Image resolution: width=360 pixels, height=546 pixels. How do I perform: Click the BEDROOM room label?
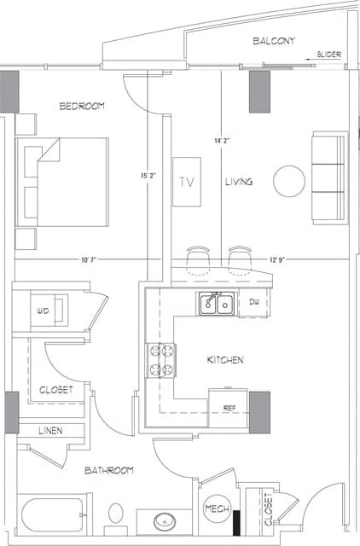pyautogui.click(x=82, y=106)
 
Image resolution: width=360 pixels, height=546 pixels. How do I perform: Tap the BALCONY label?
pyautogui.click(x=274, y=40)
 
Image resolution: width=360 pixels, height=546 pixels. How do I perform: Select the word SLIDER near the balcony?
pyautogui.click(x=328, y=55)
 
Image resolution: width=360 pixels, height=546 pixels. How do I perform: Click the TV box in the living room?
pyautogui.click(x=187, y=182)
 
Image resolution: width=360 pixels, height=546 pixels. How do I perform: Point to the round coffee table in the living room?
pyautogui.click(x=288, y=180)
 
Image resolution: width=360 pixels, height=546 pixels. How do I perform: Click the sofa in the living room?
pyautogui.click(x=329, y=177)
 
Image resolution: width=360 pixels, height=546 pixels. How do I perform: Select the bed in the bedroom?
pyautogui.click(x=62, y=182)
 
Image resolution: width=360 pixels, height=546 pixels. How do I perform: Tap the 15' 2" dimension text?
pyautogui.click(x=148, y=176)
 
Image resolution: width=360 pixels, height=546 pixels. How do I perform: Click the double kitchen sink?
pyautogui.click(x=217, y=303)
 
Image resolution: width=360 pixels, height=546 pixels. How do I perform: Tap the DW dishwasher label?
pyautogui.click(x=254, y=302)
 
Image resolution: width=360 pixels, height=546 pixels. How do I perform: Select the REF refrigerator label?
pyautogui.click(x=229, y=409)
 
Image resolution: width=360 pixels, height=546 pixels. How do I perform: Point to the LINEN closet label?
pyautogui.click(x=50, y=431)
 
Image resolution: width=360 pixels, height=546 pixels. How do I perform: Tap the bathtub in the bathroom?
pyautogui.click(x=52, y=514)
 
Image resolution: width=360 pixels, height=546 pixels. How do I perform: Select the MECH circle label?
pyautogui.click(x=213, y=509)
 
